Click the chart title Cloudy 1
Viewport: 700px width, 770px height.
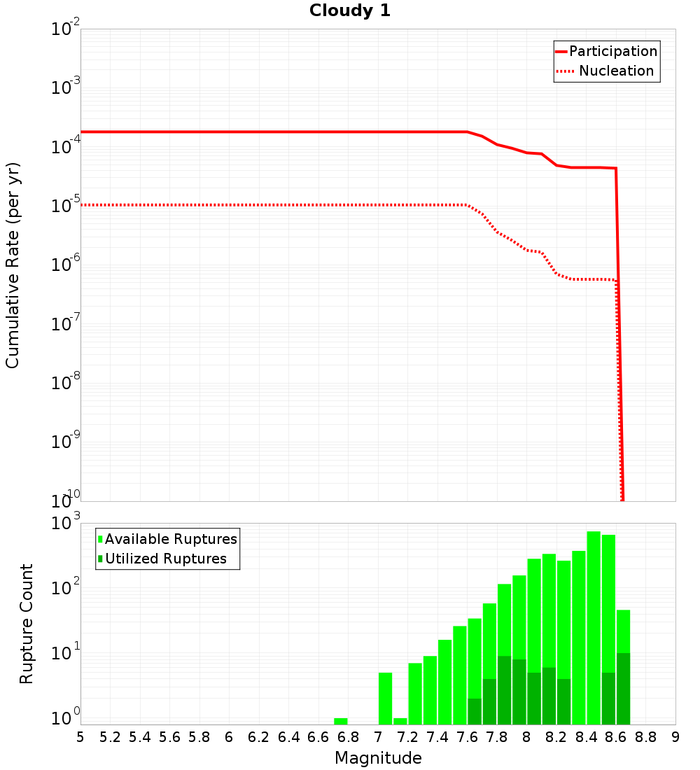[x=350, y=11]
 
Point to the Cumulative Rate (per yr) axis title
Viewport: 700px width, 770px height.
[x=13, y=265]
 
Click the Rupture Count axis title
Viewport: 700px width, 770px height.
[x=27, y=624]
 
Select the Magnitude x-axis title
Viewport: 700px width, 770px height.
[x=378, y=758]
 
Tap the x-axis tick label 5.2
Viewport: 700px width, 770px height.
[x=111, y=737]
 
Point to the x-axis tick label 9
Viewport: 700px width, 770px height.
[x=675, y=737]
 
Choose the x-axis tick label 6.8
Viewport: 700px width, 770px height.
[x=349, y=737]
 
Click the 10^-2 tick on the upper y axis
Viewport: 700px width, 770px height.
[x=66, y=29]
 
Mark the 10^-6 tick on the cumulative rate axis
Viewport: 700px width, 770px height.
[x=66, y=265]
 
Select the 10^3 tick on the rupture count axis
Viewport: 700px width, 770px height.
[x=66, y=524]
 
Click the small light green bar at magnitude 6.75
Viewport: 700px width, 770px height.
[x=341, y=721]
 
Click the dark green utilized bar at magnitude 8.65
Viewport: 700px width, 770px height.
[x=623, y=689]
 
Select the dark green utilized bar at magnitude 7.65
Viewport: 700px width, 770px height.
[x=475, y=711]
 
